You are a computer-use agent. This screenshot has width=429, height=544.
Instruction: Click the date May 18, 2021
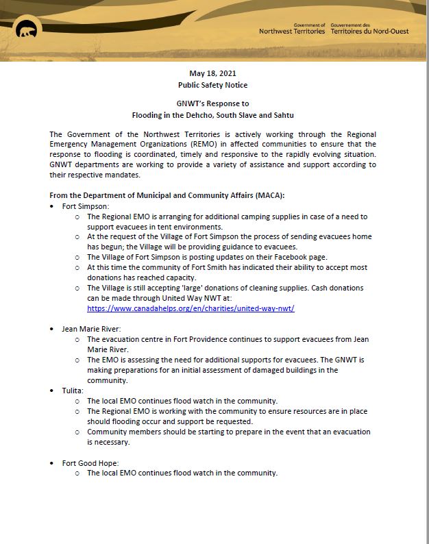point(214,73)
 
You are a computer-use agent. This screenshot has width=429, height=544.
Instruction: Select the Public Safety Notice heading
point(214,85)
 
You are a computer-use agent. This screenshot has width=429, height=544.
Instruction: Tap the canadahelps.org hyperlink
point(191,309)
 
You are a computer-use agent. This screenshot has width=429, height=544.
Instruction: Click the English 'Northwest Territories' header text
point(292,32)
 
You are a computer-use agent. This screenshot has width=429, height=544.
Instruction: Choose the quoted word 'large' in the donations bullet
point(200,288)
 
